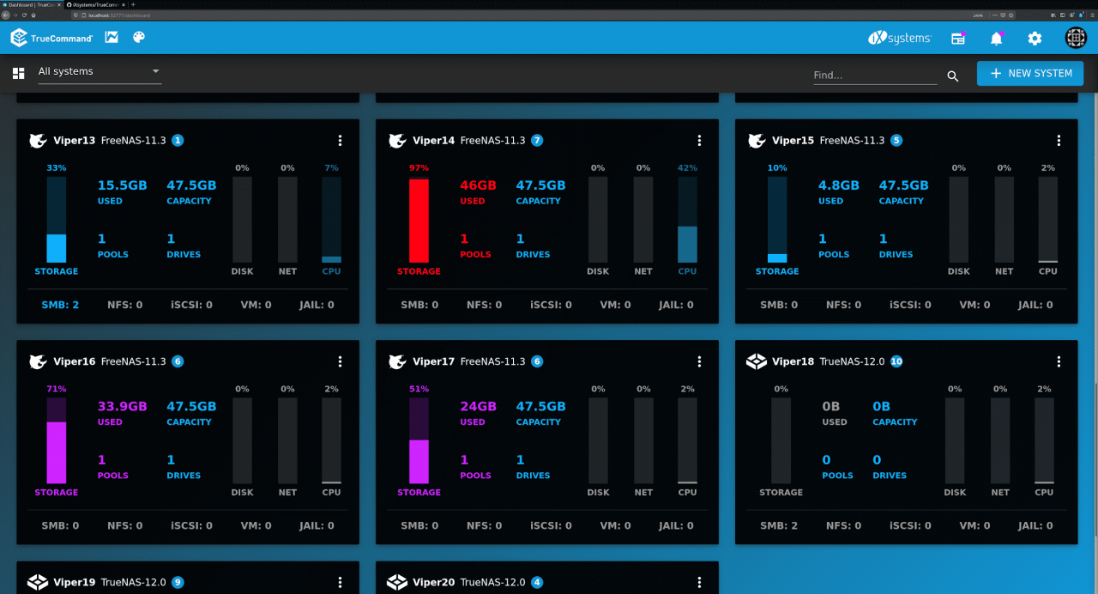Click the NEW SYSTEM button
1029,74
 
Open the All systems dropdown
100,71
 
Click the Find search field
874,76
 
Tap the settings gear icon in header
1035,39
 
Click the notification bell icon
996,39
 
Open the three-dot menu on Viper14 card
699,141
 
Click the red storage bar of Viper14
419,220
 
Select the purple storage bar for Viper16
56,452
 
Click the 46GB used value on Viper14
478,185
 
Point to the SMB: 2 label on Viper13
60,305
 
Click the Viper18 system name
793,361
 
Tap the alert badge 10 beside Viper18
896,361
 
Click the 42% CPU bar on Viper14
687,244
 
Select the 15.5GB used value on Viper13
122,185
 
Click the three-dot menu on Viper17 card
699,362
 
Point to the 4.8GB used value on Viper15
838,185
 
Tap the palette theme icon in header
139,38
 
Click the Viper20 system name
433,582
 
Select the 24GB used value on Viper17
478,407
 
